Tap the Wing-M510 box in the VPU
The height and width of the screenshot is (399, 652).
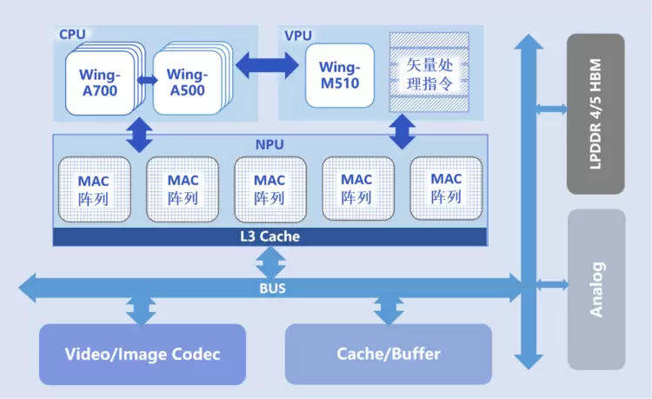point(339,76)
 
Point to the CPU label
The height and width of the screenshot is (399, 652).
point(72,35)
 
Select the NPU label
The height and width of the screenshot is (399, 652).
point(269,143)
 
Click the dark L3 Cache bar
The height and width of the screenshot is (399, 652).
point(269,236)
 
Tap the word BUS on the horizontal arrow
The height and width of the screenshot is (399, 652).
point(271,288)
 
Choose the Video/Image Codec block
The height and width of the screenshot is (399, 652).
point(143,354)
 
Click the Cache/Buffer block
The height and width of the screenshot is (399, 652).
point(389,354)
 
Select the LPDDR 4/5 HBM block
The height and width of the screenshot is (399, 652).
point(595,114)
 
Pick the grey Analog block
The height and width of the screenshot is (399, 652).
point(595,289)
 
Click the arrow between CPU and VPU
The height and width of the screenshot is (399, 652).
point(269,63)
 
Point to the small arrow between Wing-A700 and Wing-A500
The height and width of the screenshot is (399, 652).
point(146,81)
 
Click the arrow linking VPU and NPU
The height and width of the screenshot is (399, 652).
point(401,132)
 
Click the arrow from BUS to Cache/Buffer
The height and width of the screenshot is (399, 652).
point(389,309)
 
